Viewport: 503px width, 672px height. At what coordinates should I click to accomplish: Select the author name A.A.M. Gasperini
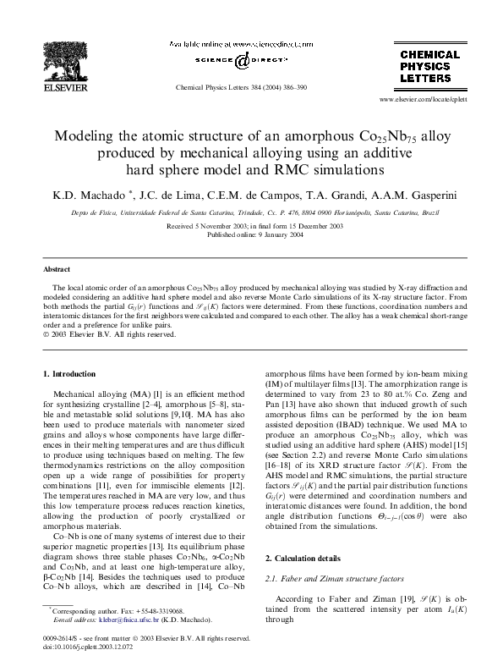(x=413, y=195)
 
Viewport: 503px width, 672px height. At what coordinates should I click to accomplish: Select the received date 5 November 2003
(x=217, y=227)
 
